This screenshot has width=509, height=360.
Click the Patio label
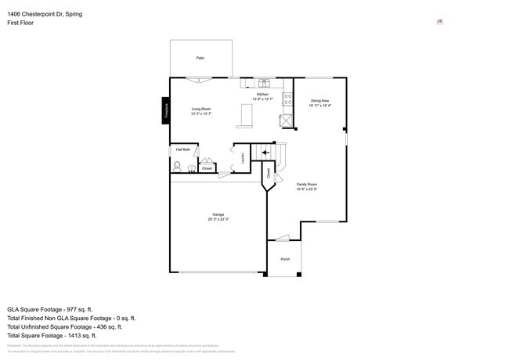pyautogui.click(x=200, y=59)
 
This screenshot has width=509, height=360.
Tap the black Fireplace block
pyautogui.click(x=165, y=110)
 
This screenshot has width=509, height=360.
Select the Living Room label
pyautogui.click(x=201, y=109)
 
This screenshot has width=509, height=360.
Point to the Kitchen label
pyautogui.click(x=262, y=95)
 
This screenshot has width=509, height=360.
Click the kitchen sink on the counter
pyautogui.click(x=264, y=83)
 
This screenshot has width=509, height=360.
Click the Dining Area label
pyautogui.click(x=320, y=101)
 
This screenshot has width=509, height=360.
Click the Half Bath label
pyautogui.click(x=182, y=149)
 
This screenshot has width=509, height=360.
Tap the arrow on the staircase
pyautogui.click(x=265, y=153)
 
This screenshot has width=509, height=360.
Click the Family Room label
pyautogui.click(x=306, y=185)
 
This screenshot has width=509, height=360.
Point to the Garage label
pyautogui.click(x=218, y=214)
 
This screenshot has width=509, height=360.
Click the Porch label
pyautogui.click(x=285, y=259)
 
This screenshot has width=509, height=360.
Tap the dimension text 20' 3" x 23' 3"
pyautogui.click(x=218, y=219)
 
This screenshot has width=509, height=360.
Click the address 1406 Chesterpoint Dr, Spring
pyautogui.click(x=45, y=14)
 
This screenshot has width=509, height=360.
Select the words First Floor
pyautogui.click(x=22, y=23)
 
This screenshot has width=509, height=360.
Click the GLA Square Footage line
pyautogui.click(x=50, y=309)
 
